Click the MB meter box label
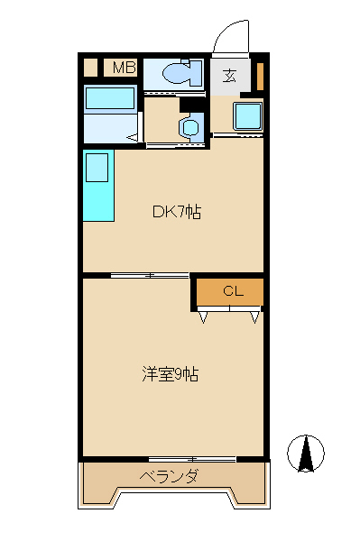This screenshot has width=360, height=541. pyautogui.click(x=124, y=67)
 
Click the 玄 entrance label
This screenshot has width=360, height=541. pyautogui.click(x=230, y=76)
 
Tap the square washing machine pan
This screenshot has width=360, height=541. pyautogui.click(x=246, y=116)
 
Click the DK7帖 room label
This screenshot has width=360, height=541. pyautogui.click(x=176, y=213)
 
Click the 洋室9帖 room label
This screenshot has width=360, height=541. pyautogui.click(x=170, y=373)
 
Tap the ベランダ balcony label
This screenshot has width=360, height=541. pyautogui.click(x=169, y=476)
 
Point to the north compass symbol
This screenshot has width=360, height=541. pyautogui.click(x=306, y=453)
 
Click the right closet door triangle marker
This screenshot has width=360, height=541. pyautogui.click(x=255, y=316)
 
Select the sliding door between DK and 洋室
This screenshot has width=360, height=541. pyautogui.click(x=150, y=274)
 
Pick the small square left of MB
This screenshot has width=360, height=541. pyautogui.click(x=90, y=67)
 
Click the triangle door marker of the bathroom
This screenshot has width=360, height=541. pyautogui.click(x=134, y=137)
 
